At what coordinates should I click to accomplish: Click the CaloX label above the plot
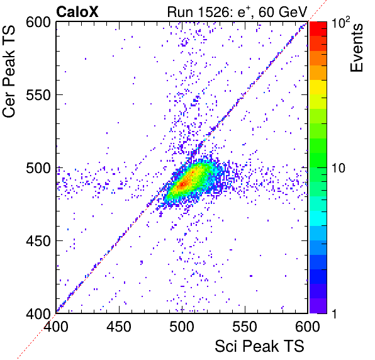[x=77, y=12]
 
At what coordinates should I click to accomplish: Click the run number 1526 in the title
[x=213, y=12]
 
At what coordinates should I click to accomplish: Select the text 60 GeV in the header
[x=283, y=12]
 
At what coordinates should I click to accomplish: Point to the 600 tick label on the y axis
[x=38, y=23]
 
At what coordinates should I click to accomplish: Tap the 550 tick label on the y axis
[x=38, y=95]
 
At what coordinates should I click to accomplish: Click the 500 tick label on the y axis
[x=38, y=168]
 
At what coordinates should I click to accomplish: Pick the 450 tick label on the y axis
[x=38, y=241]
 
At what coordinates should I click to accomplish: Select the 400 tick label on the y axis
[x=38, y=313]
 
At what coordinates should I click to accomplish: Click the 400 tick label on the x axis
[x=56, y=326]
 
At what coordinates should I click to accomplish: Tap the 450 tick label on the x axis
[x=119, y=326]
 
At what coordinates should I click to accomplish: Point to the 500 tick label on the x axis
[x=182, y=326]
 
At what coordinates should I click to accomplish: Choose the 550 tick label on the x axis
[x=245, y=326]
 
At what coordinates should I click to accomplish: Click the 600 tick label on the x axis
[x=308, y=326]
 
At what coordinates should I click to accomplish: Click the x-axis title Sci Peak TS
[x=259, y=346]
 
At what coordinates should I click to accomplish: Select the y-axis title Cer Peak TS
[x=9, y=71]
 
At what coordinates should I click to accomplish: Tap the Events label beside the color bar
[x=356, y=48]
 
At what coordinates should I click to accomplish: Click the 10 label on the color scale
[x=339, y=168]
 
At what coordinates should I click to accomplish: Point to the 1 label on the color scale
[x=335, y=313]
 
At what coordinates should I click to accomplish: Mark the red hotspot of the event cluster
[x=183, y=184]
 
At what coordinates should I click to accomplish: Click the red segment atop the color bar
[x=318, y=29]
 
